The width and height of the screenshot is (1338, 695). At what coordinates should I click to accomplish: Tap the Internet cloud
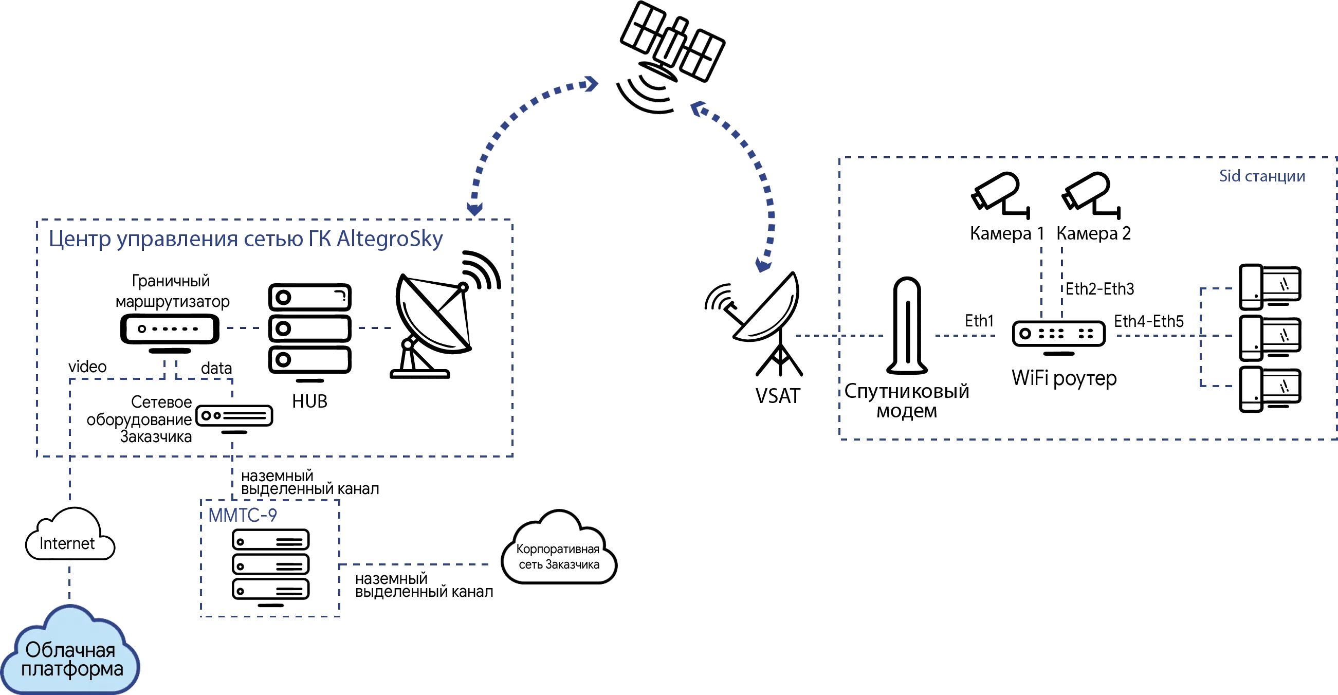coord(69,541)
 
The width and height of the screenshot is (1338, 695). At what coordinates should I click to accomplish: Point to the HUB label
coord(309,400)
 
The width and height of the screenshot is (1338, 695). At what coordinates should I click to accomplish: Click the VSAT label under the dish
coord(777,396)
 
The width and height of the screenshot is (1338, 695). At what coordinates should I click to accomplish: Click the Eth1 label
coord(979,321)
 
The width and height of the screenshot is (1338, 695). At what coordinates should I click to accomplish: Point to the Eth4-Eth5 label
coord(1149,322)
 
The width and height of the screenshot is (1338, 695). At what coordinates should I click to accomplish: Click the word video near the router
coord(88,367)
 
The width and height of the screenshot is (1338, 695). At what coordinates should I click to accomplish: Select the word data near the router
coord(216,369)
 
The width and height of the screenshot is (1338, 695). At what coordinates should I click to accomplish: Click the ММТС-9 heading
coord(243,515)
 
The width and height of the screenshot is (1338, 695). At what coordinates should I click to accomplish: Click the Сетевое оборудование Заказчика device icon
coord(235,417)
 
